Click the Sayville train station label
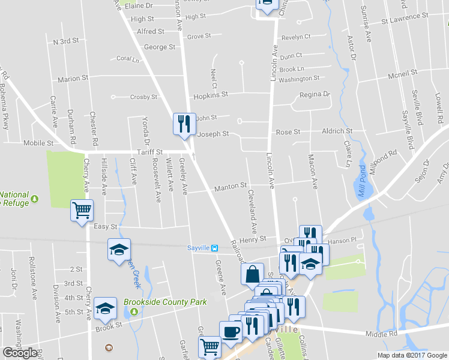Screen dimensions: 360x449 pos(199,247)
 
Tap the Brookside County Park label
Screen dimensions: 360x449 pos(165,302)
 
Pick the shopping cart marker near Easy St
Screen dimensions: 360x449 pos(82,211)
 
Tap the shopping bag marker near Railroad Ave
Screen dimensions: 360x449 pos(253,274)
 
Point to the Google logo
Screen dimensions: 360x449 pos(20,352)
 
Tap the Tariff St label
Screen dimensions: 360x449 pos(149,152)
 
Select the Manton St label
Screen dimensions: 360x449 pos(231,187)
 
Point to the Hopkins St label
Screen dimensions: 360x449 pos(210,95)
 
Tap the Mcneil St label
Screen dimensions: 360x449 pos(402,74)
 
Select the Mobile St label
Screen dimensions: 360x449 pos(38,143)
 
